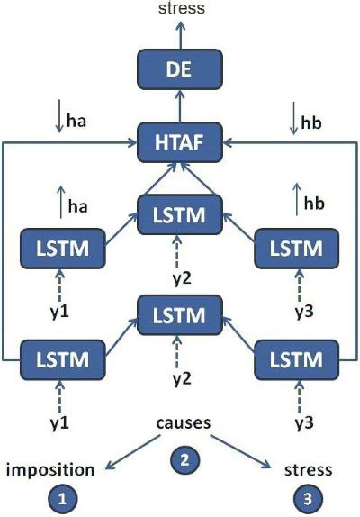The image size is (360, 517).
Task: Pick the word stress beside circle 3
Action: click(309, 469)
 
